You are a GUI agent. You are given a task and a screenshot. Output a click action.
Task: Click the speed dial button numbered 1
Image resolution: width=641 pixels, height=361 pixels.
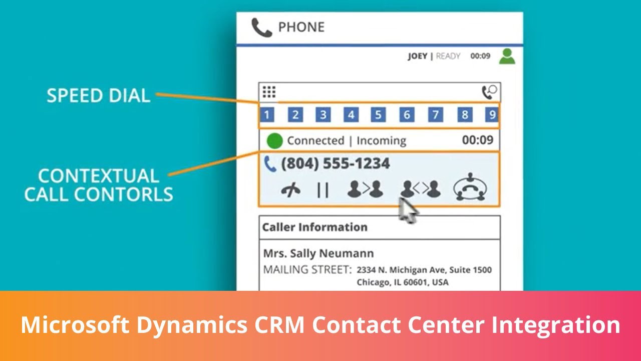click(267, 115)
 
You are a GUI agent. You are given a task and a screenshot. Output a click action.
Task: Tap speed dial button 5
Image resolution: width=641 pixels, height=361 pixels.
click(378, 115)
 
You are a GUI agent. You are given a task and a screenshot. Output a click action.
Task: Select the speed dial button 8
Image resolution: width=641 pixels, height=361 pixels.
click(465, 115)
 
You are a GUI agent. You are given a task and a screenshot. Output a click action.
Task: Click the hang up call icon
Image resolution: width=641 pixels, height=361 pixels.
click(291, 190)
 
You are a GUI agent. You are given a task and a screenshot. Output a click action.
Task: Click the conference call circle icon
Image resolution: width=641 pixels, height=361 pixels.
click(470, 187)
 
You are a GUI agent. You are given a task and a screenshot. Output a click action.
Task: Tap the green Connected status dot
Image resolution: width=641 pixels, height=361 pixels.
click(274, 141)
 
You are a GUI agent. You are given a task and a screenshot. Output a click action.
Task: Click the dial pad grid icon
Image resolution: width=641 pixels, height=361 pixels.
click(269, 92)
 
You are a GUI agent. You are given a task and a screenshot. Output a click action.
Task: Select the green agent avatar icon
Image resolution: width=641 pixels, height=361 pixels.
click(507, 57)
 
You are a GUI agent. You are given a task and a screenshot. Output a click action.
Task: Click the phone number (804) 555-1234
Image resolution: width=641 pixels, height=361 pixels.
click(336, 163)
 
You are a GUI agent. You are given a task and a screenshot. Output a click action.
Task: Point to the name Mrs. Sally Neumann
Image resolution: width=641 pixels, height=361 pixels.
click(318, 253)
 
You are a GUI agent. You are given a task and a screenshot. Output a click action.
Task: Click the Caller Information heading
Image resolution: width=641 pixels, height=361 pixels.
click(315, 227)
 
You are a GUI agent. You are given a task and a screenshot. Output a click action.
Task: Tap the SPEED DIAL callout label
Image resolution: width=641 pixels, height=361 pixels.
click(99, 95)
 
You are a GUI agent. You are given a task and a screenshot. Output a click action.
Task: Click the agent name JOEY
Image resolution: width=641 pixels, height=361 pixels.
click(418, 56)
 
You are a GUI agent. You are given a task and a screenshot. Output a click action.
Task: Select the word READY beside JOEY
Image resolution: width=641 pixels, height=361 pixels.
click(448, 56)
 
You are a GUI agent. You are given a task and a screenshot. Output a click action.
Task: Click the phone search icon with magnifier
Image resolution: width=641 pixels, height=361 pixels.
click(490, 92)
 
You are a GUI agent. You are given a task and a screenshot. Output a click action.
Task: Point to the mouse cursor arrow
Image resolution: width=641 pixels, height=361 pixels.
click(408, 211)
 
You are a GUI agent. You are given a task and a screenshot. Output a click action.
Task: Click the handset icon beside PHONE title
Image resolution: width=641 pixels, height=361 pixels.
click(261, 28)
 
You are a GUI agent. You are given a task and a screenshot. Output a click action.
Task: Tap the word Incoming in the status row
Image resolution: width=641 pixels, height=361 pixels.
click(382, 141)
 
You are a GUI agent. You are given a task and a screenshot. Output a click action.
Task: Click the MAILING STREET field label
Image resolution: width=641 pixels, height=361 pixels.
click(307, 270)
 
